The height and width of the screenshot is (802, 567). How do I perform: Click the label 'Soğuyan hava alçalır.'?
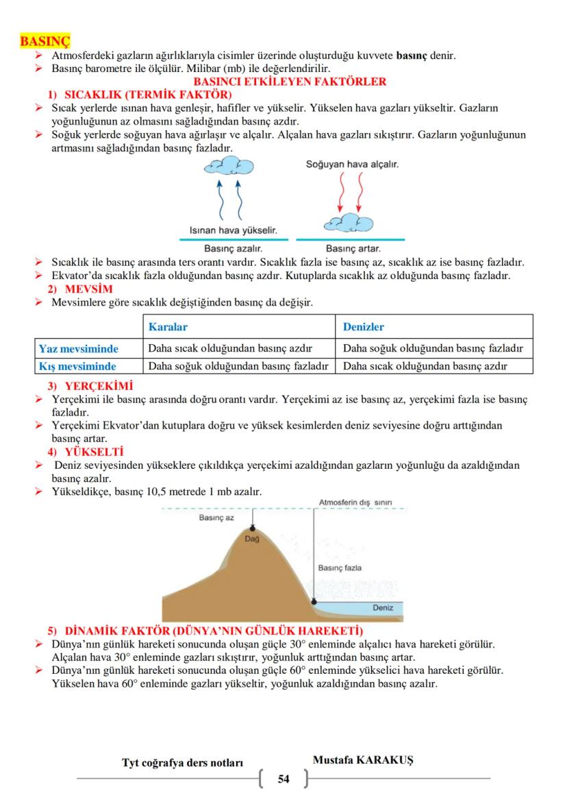point(352,165)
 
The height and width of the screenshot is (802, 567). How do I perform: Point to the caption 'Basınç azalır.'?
point(234,248)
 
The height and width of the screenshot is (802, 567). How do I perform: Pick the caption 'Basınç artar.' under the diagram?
point(353,248)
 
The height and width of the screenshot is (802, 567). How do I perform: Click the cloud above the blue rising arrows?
point(230,166)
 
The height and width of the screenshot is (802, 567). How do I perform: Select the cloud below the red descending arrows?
point(346,221)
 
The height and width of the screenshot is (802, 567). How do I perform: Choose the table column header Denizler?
point(364,327)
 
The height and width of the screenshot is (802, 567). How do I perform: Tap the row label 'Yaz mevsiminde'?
point(79,348)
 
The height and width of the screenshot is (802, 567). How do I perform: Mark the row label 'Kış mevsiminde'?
point(77,366)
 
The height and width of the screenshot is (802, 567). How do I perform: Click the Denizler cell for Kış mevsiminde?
point(425,366)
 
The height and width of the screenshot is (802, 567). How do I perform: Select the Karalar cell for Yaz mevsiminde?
point(231,348)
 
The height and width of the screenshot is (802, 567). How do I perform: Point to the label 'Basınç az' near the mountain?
point(216,518)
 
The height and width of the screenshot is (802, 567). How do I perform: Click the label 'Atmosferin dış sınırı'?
point(355,502)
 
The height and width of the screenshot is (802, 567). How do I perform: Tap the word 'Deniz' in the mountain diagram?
point(383,608)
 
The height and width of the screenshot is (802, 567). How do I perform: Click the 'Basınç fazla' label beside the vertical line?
point(340,568)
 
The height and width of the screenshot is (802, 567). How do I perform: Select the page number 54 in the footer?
point(283,779)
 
